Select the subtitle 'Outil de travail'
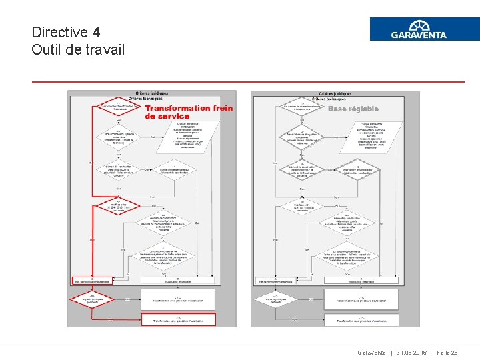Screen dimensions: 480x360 (78, 50)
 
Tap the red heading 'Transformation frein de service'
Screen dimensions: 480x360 (189, 111)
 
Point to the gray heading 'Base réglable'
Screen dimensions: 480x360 (353, 109)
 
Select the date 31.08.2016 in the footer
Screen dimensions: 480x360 (414, 353)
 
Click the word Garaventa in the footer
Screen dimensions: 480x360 (371, 353)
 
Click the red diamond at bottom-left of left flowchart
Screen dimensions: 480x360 (93, 299)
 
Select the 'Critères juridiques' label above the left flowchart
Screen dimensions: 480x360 (151, 93)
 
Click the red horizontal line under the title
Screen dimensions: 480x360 (248, 81)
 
